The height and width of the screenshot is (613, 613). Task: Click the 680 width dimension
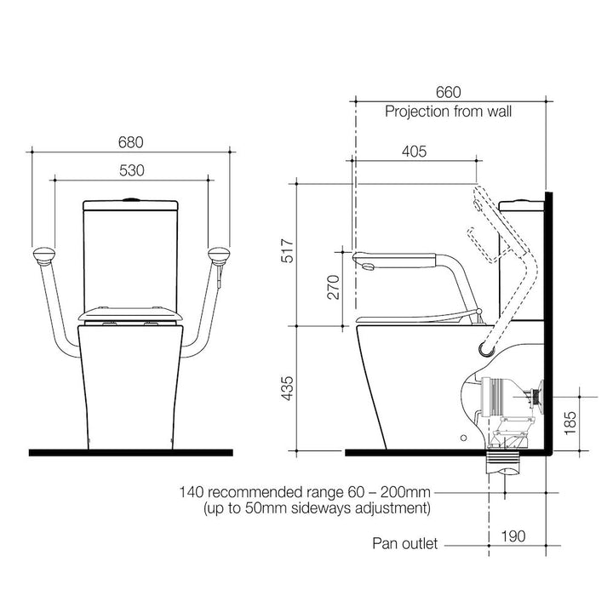coord(130,142)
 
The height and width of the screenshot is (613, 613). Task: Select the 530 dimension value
coord(131,170)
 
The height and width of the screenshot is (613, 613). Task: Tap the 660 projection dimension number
coord(449,92)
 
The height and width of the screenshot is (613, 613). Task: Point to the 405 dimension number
coord(415,152)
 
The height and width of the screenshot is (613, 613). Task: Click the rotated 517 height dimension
coord(288,251)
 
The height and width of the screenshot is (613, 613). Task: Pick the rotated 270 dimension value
coord(334,288)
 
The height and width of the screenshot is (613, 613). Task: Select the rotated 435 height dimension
coord(288,388)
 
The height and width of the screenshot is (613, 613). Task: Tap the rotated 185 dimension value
coord(570,423)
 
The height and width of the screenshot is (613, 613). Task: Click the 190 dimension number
coord(513,536)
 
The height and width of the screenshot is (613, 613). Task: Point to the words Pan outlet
coord(405,543)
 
